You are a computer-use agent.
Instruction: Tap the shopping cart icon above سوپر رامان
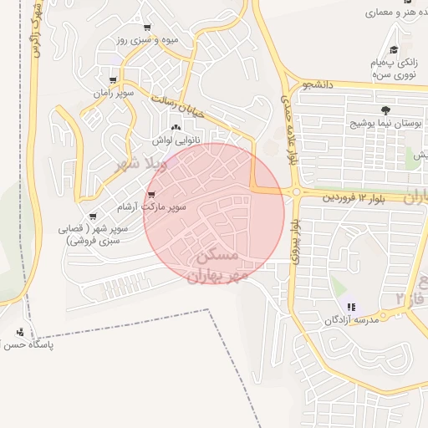point(113,80)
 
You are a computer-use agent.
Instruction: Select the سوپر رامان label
point(115,92)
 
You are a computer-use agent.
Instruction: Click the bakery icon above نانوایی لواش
point(175,128)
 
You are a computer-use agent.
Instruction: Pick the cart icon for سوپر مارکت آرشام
point(151,196)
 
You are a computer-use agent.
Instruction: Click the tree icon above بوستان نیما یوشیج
point(385,110)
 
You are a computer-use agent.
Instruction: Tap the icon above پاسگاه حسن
point(20,333)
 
